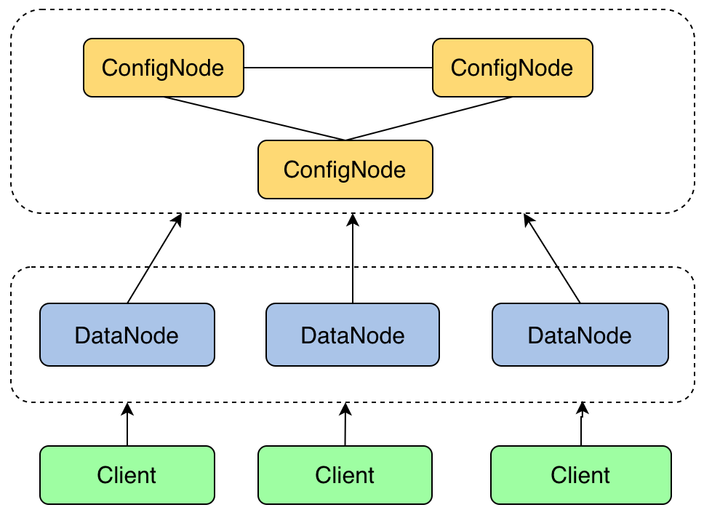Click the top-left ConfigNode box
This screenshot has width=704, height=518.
[x=164, y=68]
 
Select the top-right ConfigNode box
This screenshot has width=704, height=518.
[x=512, y=68]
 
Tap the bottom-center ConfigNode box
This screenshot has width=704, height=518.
[x=345, y=170]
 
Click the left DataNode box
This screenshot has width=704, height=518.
[x=127, y=335]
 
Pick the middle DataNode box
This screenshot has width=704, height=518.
[x=353, y=335]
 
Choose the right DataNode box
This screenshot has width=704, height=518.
[x=580, y=335]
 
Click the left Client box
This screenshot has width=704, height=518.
[x=127, y=475]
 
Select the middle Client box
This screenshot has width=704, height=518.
[x=345, y=475]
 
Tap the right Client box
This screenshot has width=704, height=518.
[x=581, y=475]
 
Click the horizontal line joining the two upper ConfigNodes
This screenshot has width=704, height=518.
[x=338, y=68]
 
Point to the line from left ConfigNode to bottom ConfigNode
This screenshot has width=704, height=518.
[x=254, y=119]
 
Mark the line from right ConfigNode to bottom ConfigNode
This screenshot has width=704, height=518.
[x=429, y=119]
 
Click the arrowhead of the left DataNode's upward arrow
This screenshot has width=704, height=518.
[x=177, y=219]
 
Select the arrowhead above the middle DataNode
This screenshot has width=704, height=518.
[x=353, y=219]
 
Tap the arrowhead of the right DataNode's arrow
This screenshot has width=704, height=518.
[x=529, y=219]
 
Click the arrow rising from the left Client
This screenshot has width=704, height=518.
[x=127, y=424]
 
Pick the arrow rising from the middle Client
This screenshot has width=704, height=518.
[x=345, y=424]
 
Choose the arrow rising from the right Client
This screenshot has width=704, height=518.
[x=582, y=424]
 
